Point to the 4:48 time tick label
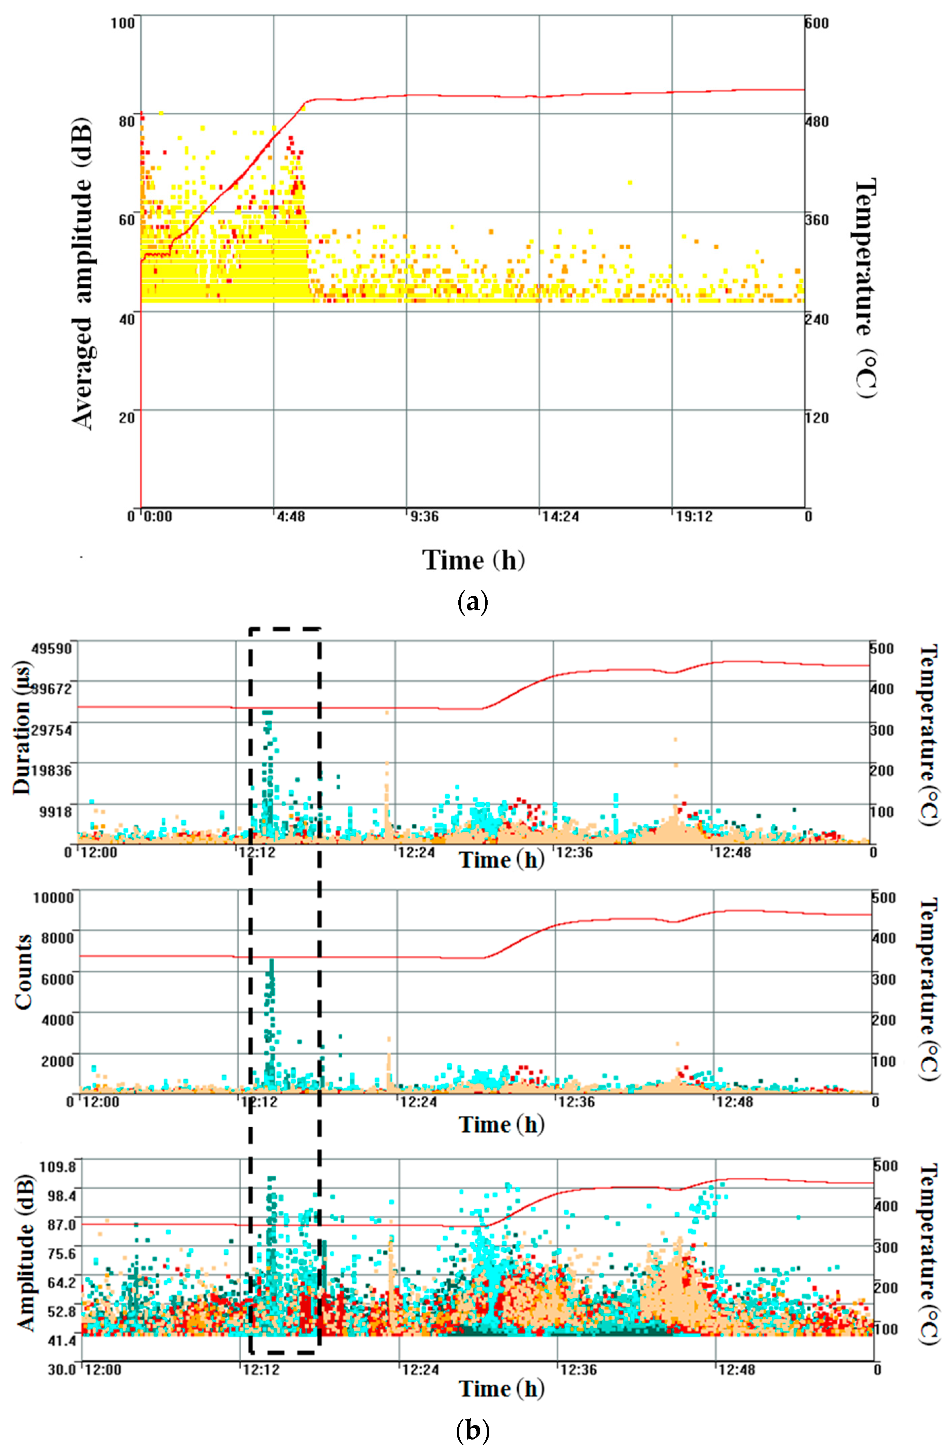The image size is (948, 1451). [291, 517]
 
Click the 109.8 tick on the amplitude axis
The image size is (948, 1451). [59, 1167]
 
